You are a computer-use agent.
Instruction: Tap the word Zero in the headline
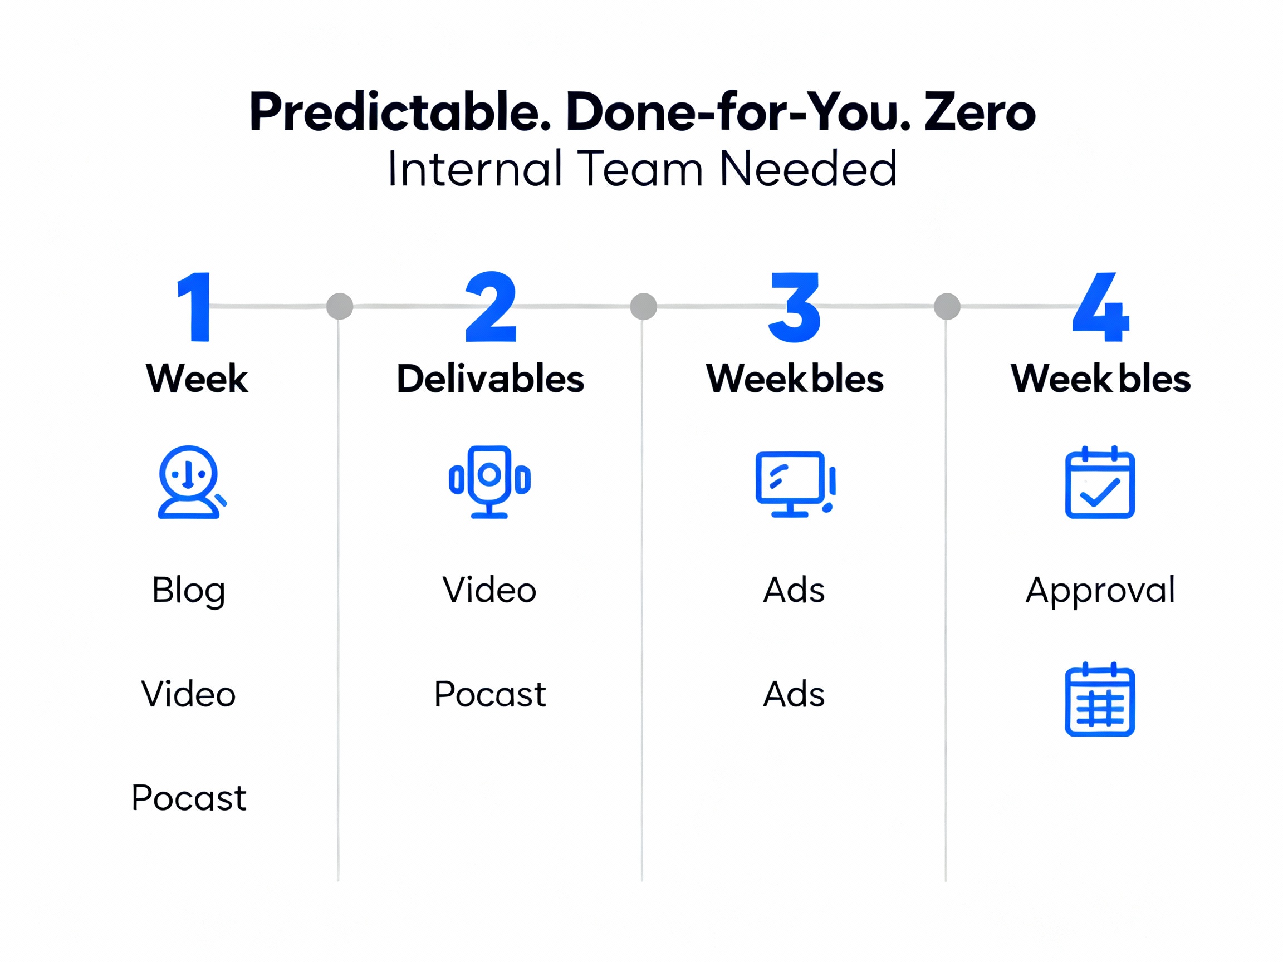(x=980, y=112)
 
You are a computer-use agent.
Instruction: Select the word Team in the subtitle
(x=640, y=169)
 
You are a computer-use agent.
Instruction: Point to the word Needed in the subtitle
(x=808, y=169)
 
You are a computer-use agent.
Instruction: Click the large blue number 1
(x=194, y=307)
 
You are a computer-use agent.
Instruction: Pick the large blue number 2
(x=491, y=307)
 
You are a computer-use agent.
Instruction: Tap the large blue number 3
(x=794, y=307)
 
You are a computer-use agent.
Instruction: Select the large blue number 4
(x=1100, y=307)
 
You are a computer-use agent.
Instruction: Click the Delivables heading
(x=490, y=379)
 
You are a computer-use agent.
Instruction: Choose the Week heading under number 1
(x=197, y=379)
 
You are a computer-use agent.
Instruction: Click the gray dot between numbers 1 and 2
(x=340, y=306)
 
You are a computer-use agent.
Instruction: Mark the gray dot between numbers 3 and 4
(x=947, y=306)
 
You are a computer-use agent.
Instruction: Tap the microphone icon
(x=489, y=482)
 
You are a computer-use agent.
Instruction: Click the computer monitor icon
(x=795, y=484)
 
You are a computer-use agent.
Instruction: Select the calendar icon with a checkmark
(x=1100, y=483)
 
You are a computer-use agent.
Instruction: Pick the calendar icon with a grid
(x=1100, y=699)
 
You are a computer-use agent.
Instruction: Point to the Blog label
(x=189, y=591)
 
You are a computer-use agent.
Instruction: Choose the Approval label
(x=1100, y=591)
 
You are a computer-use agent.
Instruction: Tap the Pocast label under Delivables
(x=490, y=694)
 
